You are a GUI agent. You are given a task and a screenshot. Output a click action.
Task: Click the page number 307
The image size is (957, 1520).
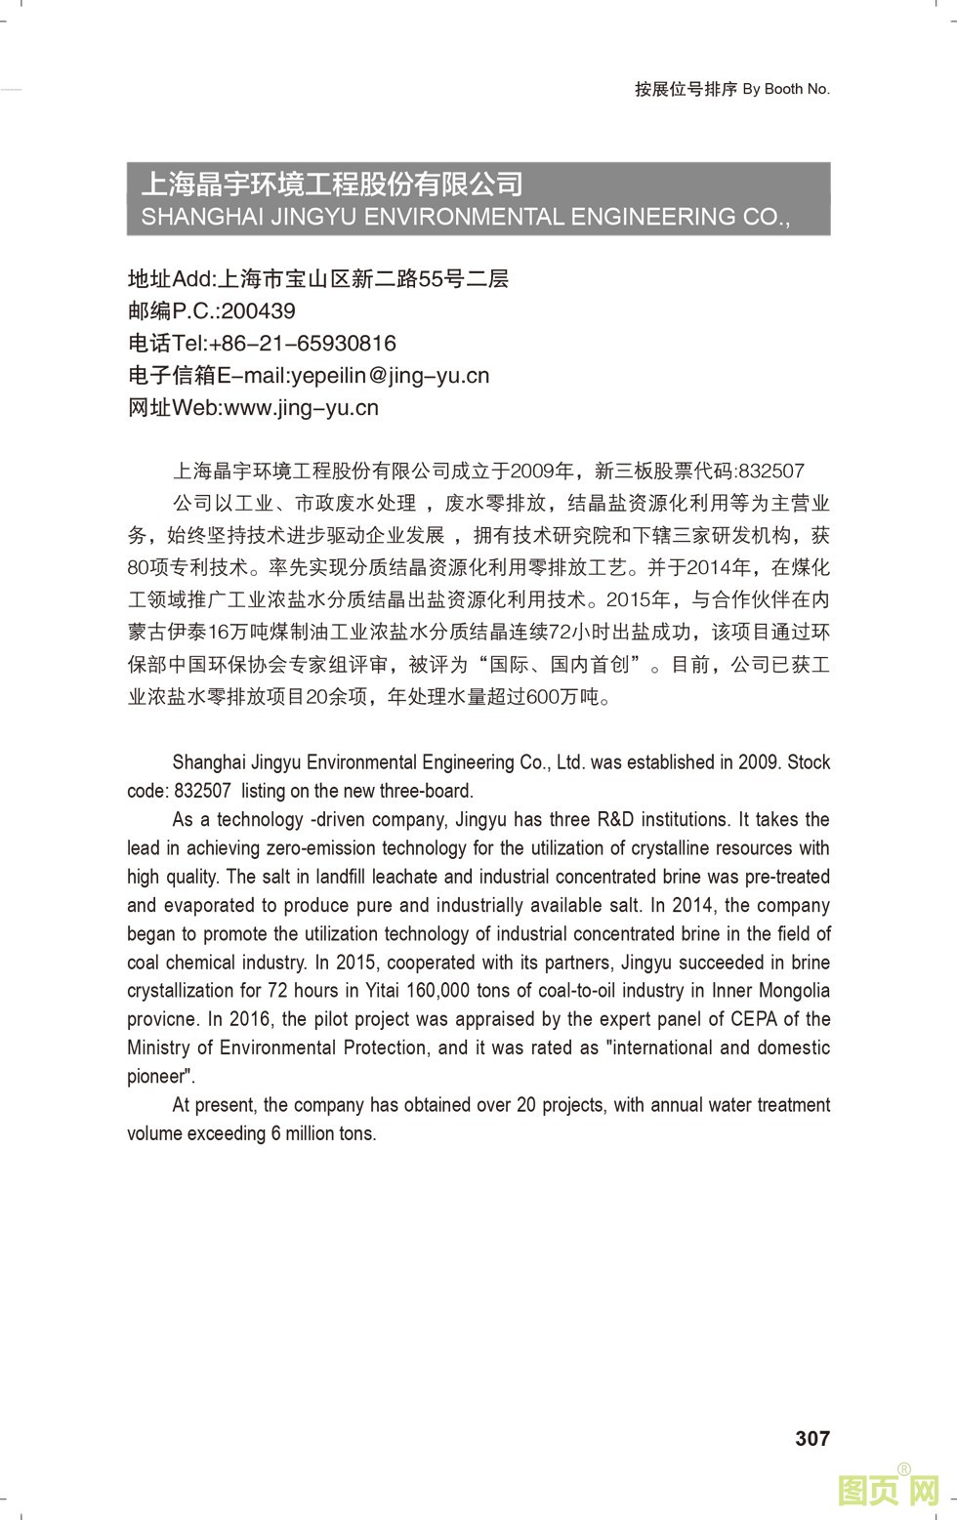point(811,1437)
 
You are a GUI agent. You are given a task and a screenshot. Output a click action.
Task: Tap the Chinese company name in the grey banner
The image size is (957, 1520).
point(332,184)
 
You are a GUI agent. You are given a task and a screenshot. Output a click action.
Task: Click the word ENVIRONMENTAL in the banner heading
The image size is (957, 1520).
point(466,217)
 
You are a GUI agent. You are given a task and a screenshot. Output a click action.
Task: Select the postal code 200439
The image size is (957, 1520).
point(258,311)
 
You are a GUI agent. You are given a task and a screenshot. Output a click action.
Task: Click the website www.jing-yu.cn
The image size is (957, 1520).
point(301,408)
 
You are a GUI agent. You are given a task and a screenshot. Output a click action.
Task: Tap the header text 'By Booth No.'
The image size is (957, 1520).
point(786,89)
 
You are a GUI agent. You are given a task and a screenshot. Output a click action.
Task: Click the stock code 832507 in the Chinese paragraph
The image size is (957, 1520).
point(771,472)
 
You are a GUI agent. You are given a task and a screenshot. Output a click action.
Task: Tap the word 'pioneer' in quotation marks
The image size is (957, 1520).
point(157,1076)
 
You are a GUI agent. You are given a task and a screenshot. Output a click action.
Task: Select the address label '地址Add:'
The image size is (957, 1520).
point(170,279)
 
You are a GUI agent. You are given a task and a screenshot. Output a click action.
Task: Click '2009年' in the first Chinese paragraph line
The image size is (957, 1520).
point(543,472)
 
